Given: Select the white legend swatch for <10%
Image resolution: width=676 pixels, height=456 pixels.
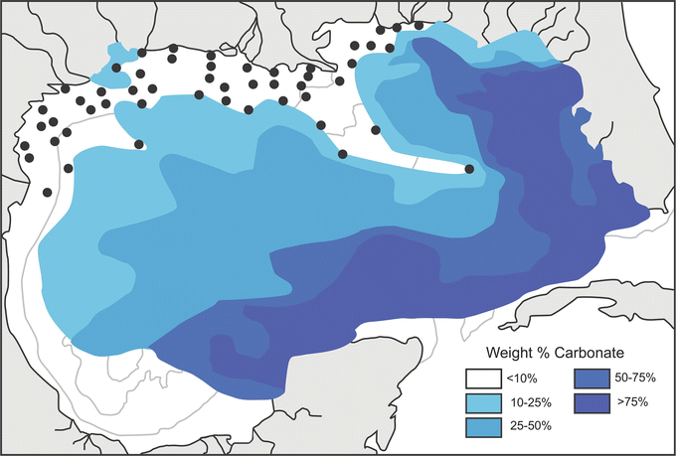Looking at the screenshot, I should tap(480, 379).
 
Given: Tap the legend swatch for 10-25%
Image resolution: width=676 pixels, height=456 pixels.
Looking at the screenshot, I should tap(480, 402).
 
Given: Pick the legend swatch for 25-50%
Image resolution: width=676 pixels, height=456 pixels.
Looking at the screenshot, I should tap(480, 426).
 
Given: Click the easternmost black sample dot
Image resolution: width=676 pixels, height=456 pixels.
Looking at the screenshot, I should tap(469, 170).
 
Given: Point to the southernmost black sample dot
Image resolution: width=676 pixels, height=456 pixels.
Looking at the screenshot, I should tap(48, 192).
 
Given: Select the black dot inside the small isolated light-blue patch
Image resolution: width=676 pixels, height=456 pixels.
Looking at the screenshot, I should tap(117, 69).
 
